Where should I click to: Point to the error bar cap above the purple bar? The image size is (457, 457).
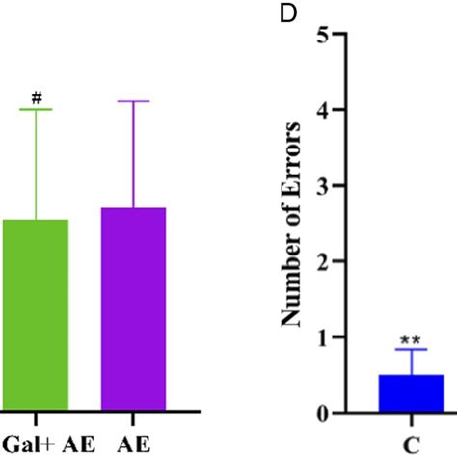[x=133, y=101]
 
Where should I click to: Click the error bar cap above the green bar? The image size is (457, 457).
[x=37, y=110]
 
